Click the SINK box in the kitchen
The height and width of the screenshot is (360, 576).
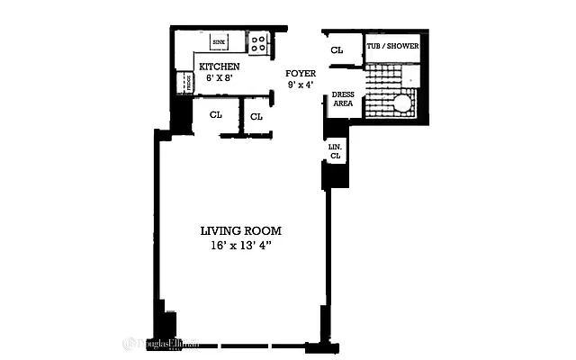[219, 41]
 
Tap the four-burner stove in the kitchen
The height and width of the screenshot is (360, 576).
[257, 41]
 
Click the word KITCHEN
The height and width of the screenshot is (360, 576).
[219, 67]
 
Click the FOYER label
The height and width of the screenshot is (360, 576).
[300, 73]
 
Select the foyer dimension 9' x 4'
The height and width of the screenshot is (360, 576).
[300, 85]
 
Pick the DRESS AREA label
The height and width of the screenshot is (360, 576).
[342, 99]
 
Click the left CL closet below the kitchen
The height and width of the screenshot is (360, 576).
[216, 115]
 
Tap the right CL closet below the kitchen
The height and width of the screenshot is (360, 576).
[256, 116]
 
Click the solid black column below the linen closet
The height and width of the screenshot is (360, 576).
[335, 175]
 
